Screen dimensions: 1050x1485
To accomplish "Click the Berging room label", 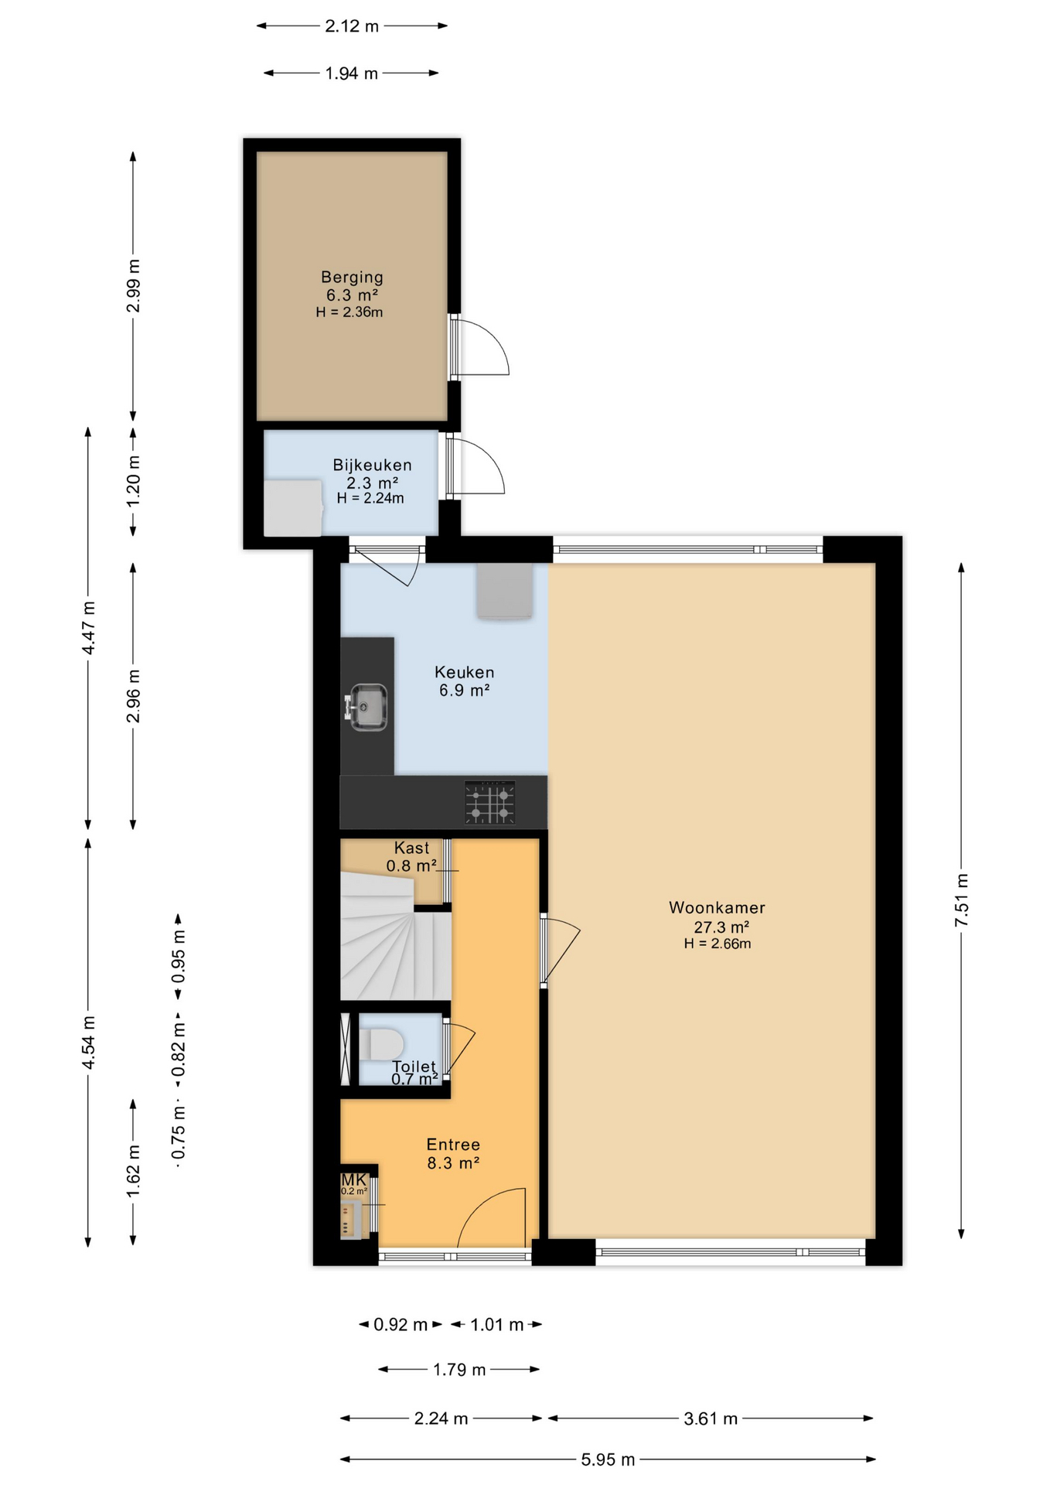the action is point(352,277).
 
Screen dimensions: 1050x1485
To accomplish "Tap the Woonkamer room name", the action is point(717,908).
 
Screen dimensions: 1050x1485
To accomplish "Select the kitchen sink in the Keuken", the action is point(366,706).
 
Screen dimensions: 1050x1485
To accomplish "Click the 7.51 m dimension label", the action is point(961,900).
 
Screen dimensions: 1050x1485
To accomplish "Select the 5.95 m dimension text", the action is point(609,1459).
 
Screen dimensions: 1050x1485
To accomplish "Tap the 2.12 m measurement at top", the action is point(352,26).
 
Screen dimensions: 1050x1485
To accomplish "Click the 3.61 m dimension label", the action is point(711,1418).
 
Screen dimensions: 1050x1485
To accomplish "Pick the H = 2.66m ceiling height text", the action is point(718,944).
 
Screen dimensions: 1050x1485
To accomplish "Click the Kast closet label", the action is point(411,848).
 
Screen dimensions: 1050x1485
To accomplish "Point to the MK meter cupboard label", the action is point(353,1180).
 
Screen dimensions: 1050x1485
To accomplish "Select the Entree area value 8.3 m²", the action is point(453,1163).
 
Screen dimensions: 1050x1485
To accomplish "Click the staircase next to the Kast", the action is point(395,936).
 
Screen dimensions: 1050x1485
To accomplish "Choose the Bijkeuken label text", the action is point(372,465).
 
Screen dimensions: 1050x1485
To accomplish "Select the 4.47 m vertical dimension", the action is point(88,627).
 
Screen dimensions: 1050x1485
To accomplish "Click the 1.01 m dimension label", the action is point(497,1325).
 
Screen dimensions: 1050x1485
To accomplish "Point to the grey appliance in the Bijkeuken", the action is point(293,508).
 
